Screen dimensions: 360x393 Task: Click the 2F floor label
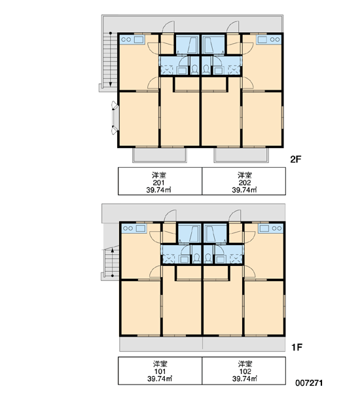coord(296,159)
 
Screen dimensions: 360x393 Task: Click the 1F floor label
coord(297,347)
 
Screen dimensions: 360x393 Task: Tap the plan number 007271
coord(309,383)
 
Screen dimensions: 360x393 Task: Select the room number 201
coord(158,183)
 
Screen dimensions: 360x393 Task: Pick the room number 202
coord(245,183)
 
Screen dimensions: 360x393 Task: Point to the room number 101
coord(160,371)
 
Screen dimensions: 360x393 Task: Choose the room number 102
coord(245,371)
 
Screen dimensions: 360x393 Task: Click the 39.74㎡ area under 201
coord(158,190)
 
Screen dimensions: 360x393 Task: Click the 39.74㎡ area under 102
coord(245,379)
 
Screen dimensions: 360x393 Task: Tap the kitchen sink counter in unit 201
coord(132,39)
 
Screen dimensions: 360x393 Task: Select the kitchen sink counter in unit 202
coord(268,39)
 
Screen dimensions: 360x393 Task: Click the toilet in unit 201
coord(194,69)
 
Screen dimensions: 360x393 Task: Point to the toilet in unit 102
coord(208,258)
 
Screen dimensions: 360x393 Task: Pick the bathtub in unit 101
coord(190,233)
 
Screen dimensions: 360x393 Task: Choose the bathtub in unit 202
coord(213,45)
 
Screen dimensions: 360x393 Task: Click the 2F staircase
coord(111,60)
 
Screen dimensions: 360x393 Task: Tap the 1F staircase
coord(111,262)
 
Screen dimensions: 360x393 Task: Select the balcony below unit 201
coord(160,155)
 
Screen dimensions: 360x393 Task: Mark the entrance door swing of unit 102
coord(235,215)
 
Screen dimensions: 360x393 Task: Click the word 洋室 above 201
coord(158,175)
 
